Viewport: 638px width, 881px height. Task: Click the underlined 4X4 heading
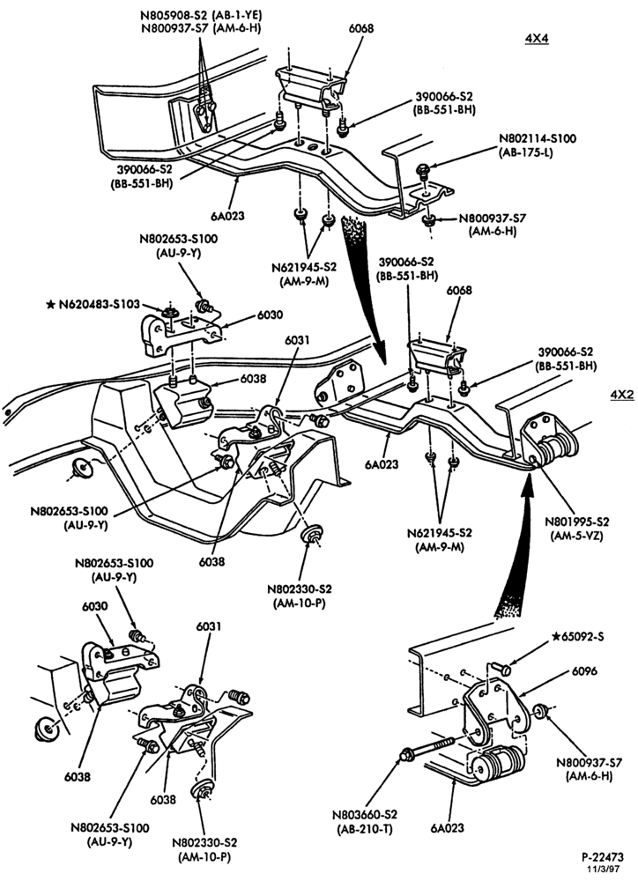pyautogui.click(x=536, y=38)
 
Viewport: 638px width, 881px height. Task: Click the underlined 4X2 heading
pyautogui.click(x=622, y=395)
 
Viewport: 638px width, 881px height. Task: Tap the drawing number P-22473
pyautogui.click(x=603, y=857)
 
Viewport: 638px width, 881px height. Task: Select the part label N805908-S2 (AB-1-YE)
pyautogui.click(x=202, y=16)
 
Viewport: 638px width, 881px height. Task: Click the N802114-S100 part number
pyautogui.click(x=537, y=139)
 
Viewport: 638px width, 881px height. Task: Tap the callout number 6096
pyautogui.click(x=584, y=670)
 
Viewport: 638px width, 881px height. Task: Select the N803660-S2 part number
pyautogui.click(x=366, y=814)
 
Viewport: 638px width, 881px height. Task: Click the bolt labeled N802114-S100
pyautogui.click(x=422, y=170)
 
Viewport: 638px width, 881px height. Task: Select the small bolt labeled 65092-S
pyautogui.click(x=501, y=669)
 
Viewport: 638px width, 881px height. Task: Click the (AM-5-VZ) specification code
pyautogui.click(x=575, y=535)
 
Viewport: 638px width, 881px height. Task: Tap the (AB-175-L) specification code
pyautogui.click(x=525, y=152)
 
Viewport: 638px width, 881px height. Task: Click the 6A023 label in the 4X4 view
pyautogui.click(x=227, y=215)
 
